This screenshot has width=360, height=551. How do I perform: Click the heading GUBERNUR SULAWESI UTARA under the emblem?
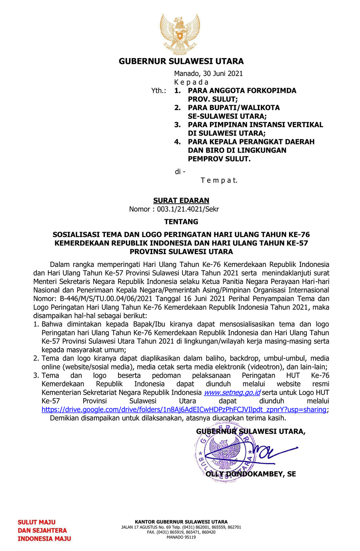point(181,61)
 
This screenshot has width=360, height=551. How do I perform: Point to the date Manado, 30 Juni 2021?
point(208,74)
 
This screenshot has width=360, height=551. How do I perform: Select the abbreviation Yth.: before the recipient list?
point(158,91)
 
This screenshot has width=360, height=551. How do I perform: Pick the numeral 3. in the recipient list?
point(177,125)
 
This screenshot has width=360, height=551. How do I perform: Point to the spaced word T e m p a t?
point(219,180)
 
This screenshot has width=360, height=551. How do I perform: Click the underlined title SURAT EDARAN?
point(181,200)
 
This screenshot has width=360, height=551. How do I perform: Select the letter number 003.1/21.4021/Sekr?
point(188,209)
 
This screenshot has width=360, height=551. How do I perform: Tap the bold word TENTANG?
point(181,222)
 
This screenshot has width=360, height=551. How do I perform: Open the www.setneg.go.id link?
point(232,393)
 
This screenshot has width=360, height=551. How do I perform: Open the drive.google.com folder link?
point(184,410)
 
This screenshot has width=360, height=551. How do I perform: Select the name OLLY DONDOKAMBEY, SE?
point(251,474)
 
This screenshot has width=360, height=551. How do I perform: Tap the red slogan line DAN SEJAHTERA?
point(42,531)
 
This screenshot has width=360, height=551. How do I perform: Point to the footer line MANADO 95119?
point(181,537)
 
